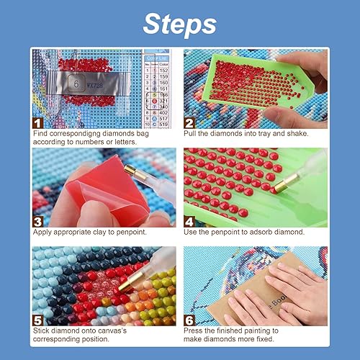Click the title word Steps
pos(179,23)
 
